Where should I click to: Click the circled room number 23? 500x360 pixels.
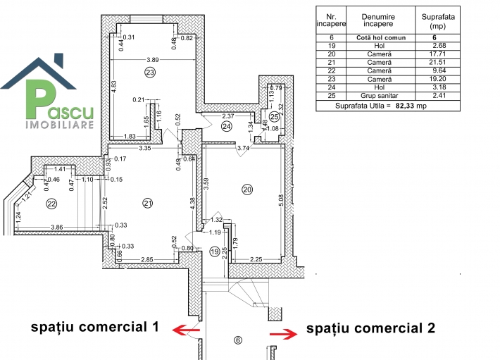[x=150, y=73]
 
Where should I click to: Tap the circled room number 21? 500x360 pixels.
[x=148, y=203]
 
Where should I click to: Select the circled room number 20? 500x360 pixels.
[x=247, y=190]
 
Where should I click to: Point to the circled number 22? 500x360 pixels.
[x=51, y=204]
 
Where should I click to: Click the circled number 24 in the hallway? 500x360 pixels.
[x=226, y=127]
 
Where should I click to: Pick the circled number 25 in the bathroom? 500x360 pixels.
[x=274, y=117]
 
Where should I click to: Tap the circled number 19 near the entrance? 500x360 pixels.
[x=215, y=252]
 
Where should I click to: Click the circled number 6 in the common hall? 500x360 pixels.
[x=238, y=340]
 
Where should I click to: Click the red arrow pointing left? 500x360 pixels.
[x=186, y=330]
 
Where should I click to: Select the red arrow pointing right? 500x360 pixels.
[x=284, y=334]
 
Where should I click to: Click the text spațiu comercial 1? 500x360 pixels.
[x=94, y=327]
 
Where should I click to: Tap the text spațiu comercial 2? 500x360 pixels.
[x=371, y=328]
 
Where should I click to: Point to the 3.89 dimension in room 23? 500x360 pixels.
[x=153, y=60]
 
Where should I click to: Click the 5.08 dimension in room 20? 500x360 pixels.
[x=281, y=201]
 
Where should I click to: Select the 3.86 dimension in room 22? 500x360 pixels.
[x=57, y=228]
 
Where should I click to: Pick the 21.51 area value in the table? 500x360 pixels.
[x=437, y=62]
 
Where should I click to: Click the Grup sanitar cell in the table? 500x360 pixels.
[x=380, y=96]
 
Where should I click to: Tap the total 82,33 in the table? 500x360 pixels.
[x=406, y=106]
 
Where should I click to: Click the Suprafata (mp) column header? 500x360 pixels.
[x=438, y=21]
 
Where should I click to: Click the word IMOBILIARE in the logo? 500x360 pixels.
[x=60, y=125]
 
